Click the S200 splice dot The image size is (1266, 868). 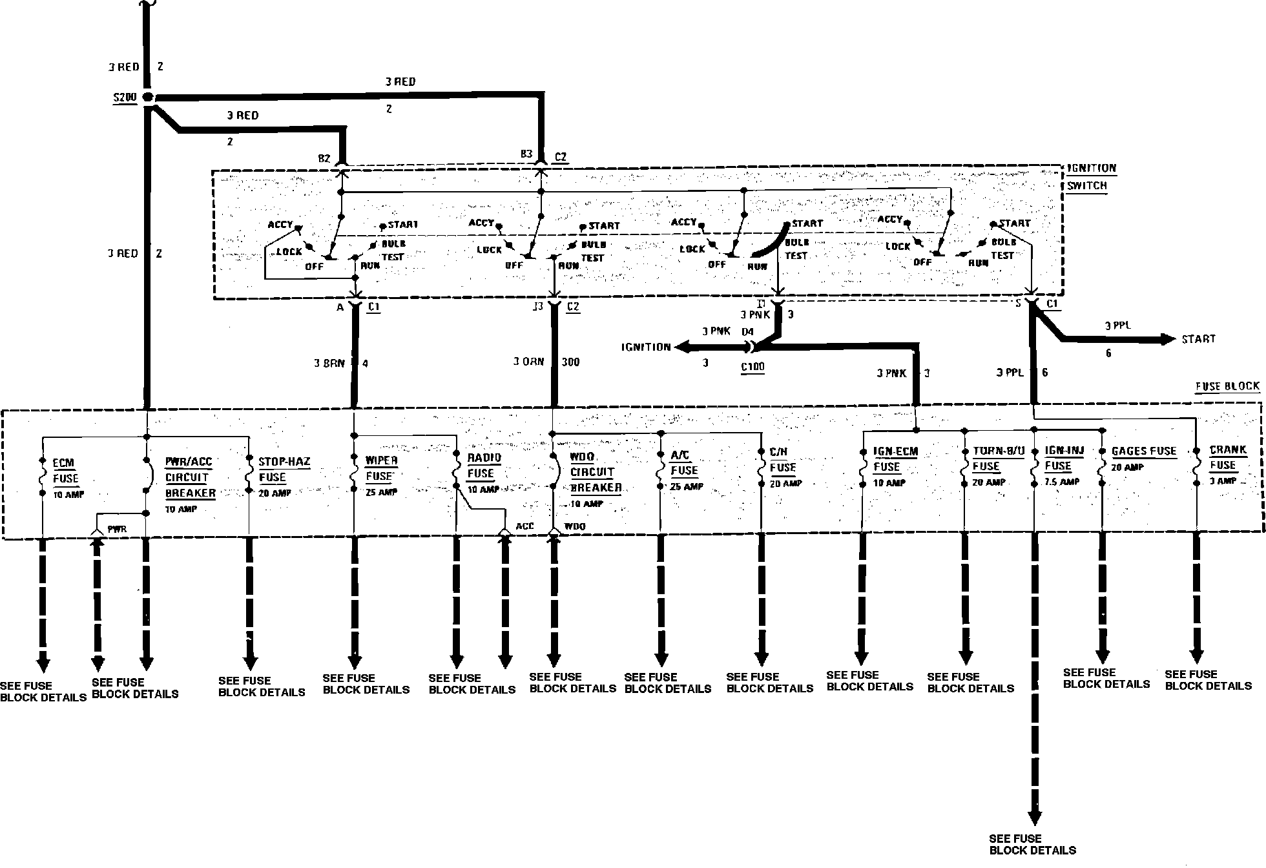pos(148,98)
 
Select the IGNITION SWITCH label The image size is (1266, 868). pos(1091,177)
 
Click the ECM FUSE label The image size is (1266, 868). pos(65,471)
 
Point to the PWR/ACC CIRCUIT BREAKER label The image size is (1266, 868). pos(190,478)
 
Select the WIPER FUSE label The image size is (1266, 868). pos(381,469)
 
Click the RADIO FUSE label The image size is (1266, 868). pos(484,466)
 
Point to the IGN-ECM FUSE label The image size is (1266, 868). pos(895,459)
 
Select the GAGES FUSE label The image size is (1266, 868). pos(1143,451)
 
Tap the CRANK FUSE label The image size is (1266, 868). pos(1227,457)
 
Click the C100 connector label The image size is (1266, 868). pos(752,367)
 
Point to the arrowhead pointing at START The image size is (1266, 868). pos(1168,339)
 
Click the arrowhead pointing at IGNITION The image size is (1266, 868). pos(680,347)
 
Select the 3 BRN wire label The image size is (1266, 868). pos(329,364)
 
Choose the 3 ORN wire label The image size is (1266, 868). pos(528,362)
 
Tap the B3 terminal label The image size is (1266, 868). pos(526,154)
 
